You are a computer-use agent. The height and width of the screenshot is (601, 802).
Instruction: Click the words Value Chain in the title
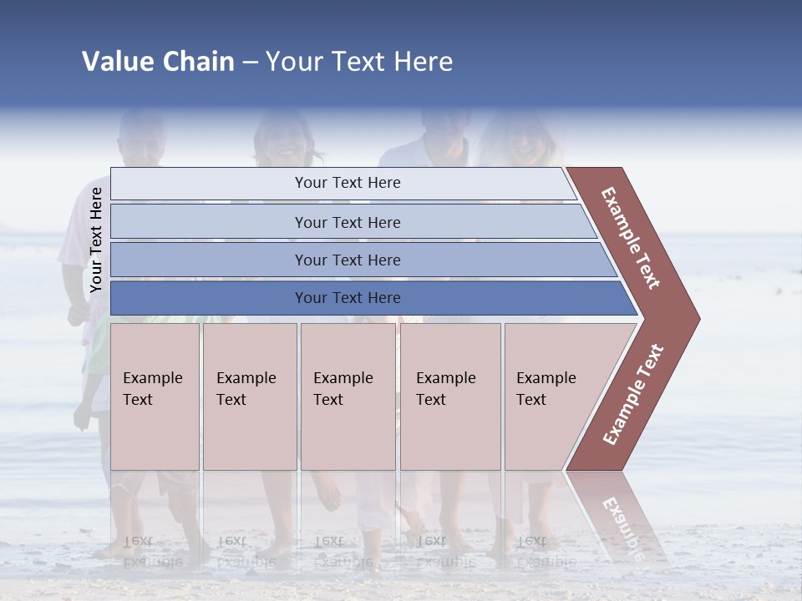tap(158, 62)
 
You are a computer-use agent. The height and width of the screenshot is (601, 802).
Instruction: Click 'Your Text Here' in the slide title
tap(359, 62)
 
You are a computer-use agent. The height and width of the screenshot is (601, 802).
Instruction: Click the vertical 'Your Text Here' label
tap(96, 240)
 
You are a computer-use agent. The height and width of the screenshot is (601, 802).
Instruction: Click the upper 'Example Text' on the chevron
tap(631, 238)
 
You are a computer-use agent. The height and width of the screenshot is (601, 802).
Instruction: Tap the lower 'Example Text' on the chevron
tap(633, 395)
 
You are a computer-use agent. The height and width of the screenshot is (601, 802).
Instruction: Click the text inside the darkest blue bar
tap(348, 298)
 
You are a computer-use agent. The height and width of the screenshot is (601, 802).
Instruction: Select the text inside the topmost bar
tap(348, 183)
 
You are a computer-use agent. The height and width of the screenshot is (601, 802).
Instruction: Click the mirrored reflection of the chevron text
tap(622, 528)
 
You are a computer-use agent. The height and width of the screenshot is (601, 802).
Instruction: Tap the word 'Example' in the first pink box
tap(152, 378)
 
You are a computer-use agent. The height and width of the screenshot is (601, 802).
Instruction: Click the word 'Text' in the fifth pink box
tap(531, 400)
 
